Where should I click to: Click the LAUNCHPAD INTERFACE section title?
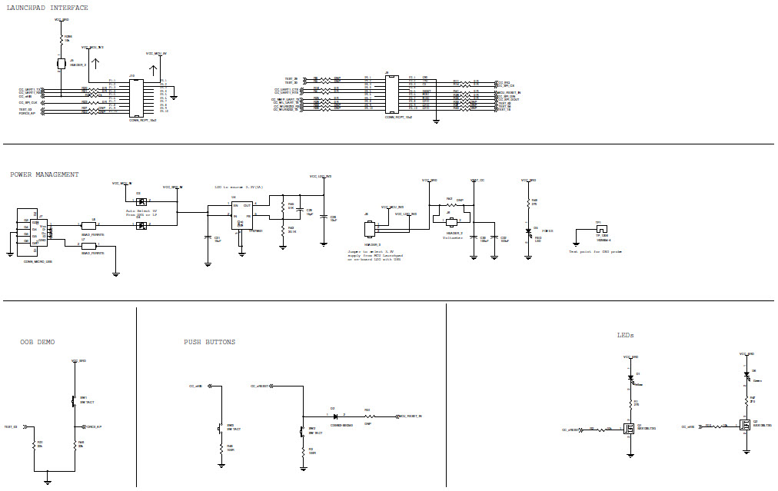(47, 8)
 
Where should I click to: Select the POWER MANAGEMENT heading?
(45, 174)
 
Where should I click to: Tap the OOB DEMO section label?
(38, 342)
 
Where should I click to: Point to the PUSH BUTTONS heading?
(210, 342)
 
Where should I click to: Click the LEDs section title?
(625, 335)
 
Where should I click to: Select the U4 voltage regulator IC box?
(242, 214)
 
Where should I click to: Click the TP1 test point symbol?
(600, 229)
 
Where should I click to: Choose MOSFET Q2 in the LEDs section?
(745, 424)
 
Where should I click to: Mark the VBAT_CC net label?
(477, 179)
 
